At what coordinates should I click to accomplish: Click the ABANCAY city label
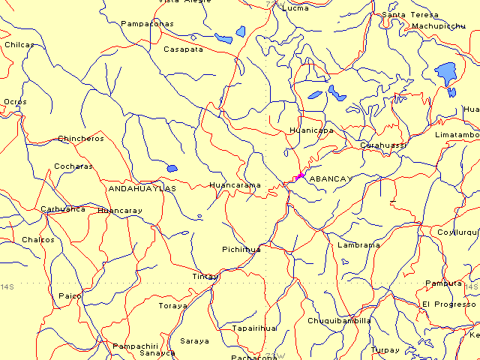[329, 178]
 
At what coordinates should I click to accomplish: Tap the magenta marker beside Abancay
[300, 175]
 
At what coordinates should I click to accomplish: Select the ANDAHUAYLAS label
[142, 188]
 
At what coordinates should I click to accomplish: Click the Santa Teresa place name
[409, 14]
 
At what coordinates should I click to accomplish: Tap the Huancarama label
[235, 184]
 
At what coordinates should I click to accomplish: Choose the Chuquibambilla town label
[339, 320]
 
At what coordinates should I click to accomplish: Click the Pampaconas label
[147, 23]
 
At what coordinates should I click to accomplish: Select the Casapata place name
[183, 49]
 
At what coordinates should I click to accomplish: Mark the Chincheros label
[81, 139]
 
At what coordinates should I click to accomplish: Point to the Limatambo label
[457, 134]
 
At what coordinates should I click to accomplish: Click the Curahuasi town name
[382, 144]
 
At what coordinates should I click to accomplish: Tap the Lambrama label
[358, 244]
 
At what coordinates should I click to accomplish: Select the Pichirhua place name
[241, 249]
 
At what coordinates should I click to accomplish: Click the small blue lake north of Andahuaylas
[172, 168]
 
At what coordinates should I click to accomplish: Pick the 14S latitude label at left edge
[7, 287]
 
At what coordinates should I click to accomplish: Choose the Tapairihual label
[255, 328]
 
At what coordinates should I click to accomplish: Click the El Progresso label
[448, 304]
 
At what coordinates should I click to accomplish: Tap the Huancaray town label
[119, 211]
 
